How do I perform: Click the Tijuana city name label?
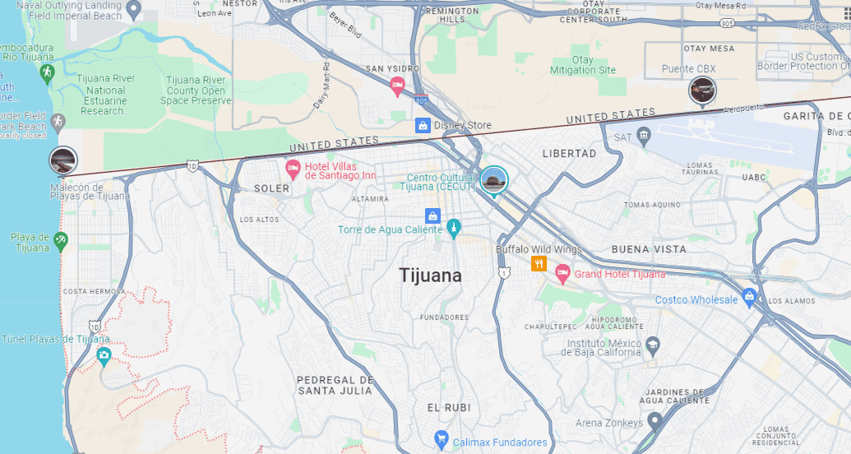point(430,276)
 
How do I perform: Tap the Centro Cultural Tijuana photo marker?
point(493,180)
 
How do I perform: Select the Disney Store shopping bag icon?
point(423,125)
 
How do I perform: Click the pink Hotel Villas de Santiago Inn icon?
point(292,169)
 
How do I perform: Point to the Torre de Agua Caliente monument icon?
point(453,229)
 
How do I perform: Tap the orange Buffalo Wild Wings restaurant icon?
point(539,264)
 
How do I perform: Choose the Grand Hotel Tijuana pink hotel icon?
point(562,273)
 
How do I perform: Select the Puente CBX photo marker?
point(702,90)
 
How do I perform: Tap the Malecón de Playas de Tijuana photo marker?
point(63,160)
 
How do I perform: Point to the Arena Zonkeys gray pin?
point(654,422)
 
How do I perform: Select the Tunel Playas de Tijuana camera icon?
point(104,356)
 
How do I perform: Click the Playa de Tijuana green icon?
point(61,241)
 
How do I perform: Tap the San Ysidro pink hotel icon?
point(397,86)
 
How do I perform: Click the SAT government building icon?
point(644,135)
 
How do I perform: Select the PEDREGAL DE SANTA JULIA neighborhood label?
point(335,385)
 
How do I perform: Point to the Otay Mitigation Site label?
point(583,65)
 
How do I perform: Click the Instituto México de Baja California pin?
point(653,344)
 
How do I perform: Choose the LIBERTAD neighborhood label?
point(569,153)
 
